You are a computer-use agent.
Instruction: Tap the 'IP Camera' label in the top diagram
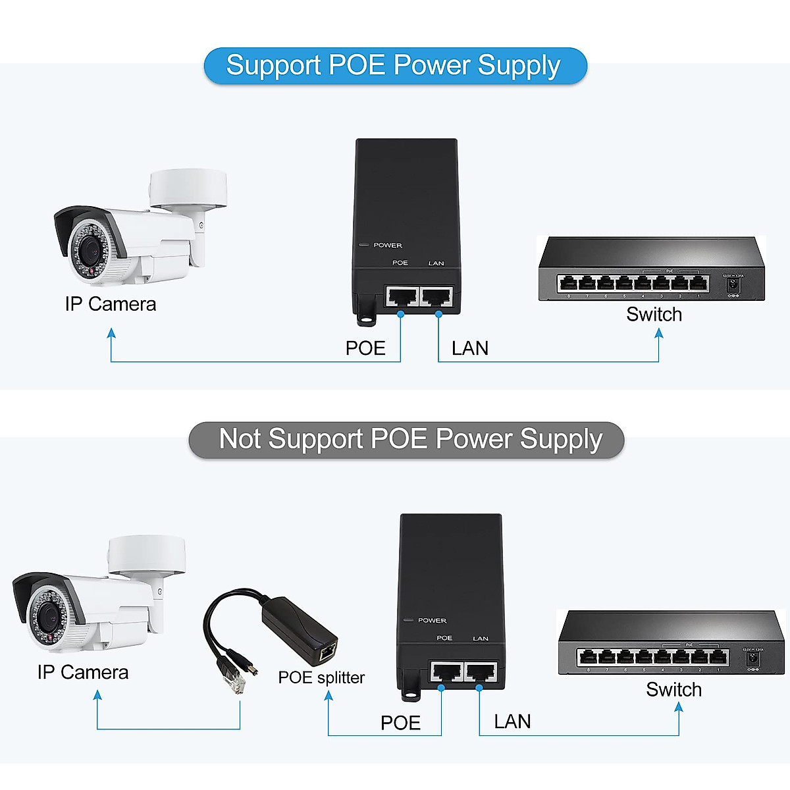pyautogui.click(x=111, y=304)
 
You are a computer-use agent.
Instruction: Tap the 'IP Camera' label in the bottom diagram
pyautogui.click(x=83, y=672)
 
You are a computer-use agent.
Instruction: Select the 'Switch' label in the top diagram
pyautogui.click(x=654, y=315)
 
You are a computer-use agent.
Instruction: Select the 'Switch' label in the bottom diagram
pyautogui.click(x=673, y=689)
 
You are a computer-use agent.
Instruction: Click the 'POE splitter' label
pyautogui.click(x=321, y=677)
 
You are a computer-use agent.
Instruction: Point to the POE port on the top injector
pyautogui.click(x=402, y=296)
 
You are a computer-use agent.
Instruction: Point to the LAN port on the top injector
pyautogui.click(x=437, y=296)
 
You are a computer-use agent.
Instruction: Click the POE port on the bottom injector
pyautogui.click(x=446, y=671)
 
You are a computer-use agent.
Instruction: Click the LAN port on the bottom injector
pyautogui.click(x=481, y=671)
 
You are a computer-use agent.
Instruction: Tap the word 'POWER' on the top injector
pyautogui.click(x=388, y=246)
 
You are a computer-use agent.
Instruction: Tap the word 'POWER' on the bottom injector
pyautogui.click(x=432, y=620)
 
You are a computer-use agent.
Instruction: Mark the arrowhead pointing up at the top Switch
pyautogui.click(x=658, y=333)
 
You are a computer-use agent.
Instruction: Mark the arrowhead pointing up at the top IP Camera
pyautogui.click(x=111, y=334)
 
